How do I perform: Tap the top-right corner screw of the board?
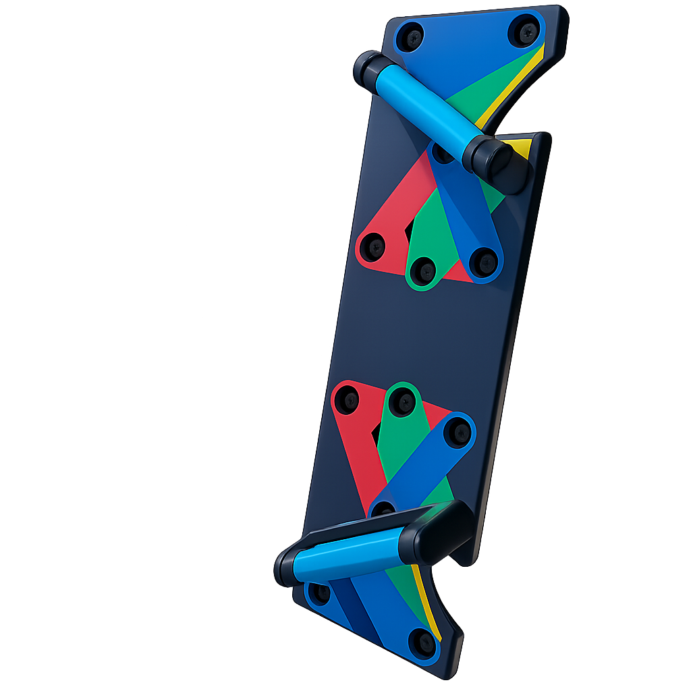tap(526, 30)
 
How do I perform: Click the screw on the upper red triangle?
tap(374, 247)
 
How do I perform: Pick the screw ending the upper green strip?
tap(424, 271)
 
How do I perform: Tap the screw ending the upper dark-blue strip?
tap(484, 262)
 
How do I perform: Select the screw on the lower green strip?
tap(404, 402)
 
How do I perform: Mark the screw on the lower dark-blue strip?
tap(458, 432)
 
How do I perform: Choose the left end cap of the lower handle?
tap(287, 567)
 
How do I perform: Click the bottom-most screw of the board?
tap(422, 642)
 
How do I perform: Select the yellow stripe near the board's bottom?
tap(429, 601)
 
